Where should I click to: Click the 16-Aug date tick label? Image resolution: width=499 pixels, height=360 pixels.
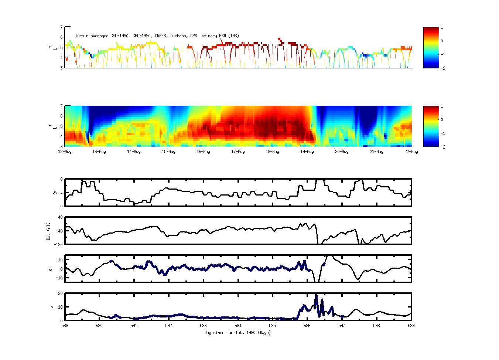click(x=203, y=152)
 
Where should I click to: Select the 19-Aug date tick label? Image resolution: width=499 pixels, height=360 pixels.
click(x=307, y=152)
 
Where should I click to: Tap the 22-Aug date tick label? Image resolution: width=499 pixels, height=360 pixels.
click(x=411, y=152)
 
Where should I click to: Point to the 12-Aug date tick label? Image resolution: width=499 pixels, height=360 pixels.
click(x=65, y=152)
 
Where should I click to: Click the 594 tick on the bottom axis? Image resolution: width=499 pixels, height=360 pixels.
click(x=238, y=326)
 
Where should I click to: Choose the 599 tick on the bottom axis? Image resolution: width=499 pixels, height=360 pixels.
click(x=411, y=326)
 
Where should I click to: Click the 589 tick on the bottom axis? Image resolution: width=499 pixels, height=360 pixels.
click(x=65, y=326)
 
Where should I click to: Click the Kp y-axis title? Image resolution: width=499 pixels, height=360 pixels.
click(x=51, y=193)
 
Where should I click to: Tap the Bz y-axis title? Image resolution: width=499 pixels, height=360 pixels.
click(x=51, y=269)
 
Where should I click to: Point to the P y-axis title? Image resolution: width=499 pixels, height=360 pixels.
click(x=52, y=307)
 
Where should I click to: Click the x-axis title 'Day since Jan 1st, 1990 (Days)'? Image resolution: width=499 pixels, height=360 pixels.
click(x=237, y=333)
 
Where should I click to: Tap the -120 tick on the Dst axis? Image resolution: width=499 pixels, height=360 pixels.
click(x=58, y=244)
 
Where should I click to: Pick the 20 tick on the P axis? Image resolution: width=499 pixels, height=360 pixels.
click(x=60, y=293)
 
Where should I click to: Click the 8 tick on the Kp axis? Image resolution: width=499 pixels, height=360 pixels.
click(x=61, y=179)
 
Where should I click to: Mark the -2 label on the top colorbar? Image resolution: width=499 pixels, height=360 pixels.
click(x=443, y=68)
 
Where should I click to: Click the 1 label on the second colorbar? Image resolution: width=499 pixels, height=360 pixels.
click(x=442, y=106)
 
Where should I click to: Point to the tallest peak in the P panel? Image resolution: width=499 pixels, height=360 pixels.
click(x=316, y=295)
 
